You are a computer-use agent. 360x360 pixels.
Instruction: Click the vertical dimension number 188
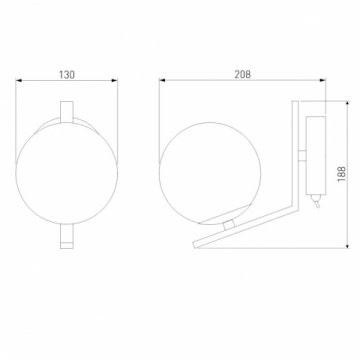click(x=339, y=176)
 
